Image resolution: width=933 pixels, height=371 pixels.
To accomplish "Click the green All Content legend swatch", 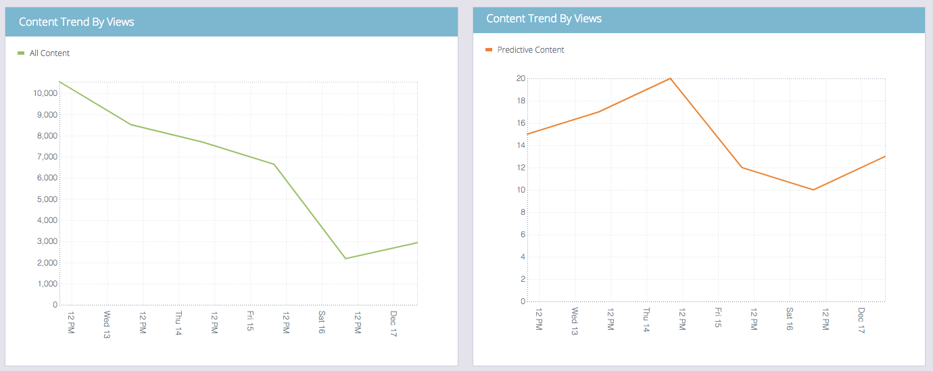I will coord(21,53).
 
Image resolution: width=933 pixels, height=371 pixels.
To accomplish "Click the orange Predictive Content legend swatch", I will coord(489,50).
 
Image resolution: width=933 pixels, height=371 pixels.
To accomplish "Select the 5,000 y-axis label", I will coord(46,199).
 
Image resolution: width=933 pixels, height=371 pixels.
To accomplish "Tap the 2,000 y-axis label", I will coord(46,263).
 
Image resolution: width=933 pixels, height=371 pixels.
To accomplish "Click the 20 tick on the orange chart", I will coord(521,78).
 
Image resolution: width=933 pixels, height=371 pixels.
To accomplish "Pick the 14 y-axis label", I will coord(521,145).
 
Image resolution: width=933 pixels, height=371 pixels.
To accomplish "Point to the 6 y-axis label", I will coord(523,234).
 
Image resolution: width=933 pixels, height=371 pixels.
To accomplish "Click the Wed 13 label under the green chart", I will coord(107,324).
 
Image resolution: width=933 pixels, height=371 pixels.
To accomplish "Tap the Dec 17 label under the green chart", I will coord(393,324).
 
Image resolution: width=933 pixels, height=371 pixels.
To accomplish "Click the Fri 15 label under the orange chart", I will coord(718,318).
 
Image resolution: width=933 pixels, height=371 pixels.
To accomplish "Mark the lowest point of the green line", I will coord(345,258).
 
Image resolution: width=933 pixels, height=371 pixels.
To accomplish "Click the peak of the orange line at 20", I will coord(670,78).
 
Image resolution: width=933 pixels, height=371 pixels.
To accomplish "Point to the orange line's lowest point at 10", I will coord(813,190).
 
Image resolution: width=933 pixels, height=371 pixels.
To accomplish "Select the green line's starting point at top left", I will coord(60,82).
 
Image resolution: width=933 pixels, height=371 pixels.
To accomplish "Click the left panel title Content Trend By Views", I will coord(76,22).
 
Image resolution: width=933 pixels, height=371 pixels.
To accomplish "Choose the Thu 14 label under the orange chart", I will coord(646,319).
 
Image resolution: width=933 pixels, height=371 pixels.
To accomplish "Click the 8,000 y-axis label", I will coord(46,136).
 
